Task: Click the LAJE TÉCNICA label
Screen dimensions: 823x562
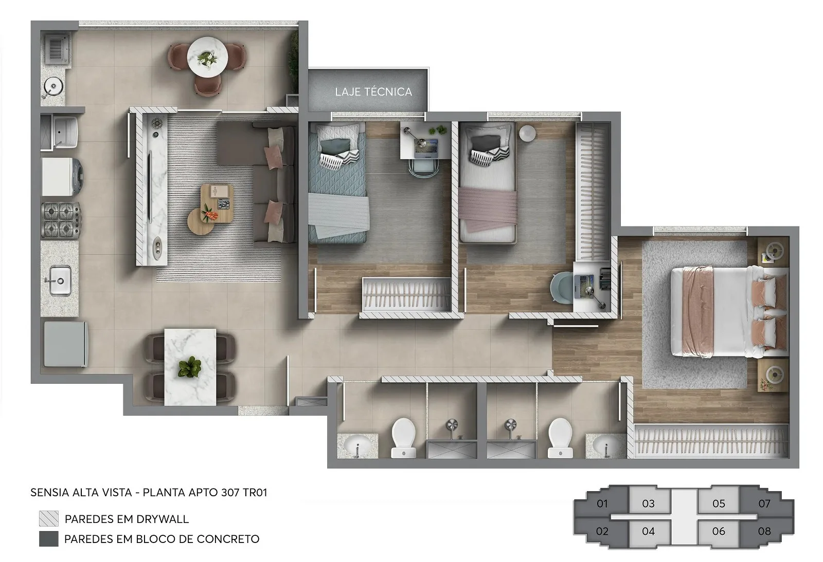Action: [373, 92]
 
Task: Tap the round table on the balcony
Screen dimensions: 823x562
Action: [207, 57]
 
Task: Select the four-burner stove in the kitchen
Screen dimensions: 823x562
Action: [61, 220]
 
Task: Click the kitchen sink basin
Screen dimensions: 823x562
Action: [60, 280]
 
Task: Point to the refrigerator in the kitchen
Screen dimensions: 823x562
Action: [65, 344]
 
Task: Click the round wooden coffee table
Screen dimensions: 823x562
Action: [201, 221]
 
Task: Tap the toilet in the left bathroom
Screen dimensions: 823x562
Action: [403, 438]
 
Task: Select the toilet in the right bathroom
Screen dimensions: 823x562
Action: [560, 438]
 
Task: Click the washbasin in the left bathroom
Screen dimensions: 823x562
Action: [357, 446]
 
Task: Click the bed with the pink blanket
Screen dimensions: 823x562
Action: [488, 183]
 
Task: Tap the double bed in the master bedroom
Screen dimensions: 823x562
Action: [729, 312]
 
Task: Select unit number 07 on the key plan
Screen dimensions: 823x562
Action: [764, 503]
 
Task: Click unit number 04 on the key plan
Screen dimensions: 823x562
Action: [649, 531]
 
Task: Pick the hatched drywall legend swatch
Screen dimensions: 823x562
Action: [49, 519]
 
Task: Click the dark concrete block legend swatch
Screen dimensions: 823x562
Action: [49, 539]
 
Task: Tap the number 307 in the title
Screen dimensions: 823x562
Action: [230, 492]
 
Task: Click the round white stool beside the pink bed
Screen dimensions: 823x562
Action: [527, 133]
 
